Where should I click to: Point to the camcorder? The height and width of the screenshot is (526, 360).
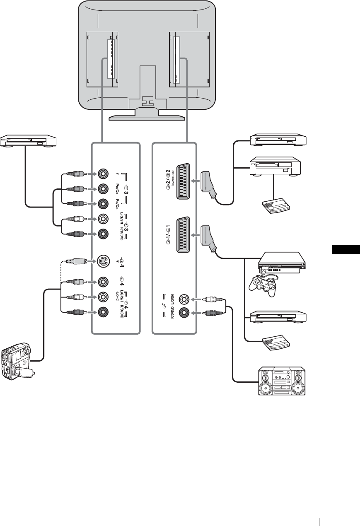coord(17,360)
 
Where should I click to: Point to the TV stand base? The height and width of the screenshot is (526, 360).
coord(146,118)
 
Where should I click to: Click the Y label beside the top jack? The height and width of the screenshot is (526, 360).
coord(118,174)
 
